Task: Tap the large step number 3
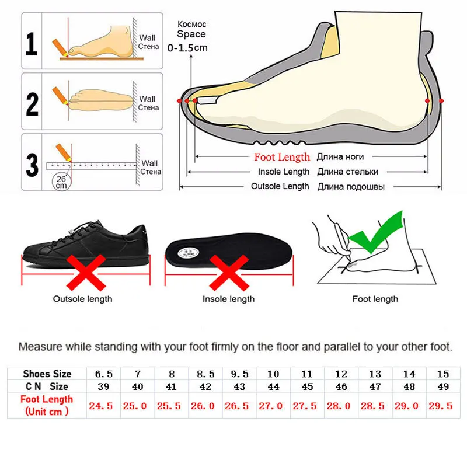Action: (32, 164)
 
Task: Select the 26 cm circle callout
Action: (61, 182)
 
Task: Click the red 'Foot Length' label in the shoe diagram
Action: (282, 157)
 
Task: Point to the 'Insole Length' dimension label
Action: (284, 172)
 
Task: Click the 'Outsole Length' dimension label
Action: (280, 186)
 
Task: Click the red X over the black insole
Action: (228, 273)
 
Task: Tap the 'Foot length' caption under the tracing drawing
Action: (375, 299)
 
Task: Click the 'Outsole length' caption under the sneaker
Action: (83, 299)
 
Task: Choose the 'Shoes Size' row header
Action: (47, 374)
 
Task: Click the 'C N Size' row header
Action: (47, 386)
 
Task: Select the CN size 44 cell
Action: (272, 386)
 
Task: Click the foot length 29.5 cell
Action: (441, 406)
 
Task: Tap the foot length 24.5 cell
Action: (102, 406)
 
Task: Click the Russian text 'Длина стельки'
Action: (348, 172)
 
